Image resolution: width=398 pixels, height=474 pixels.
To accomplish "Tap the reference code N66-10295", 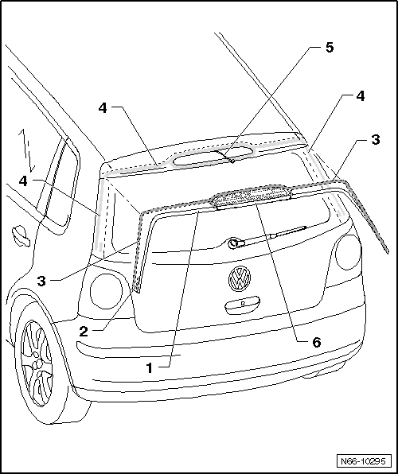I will [364, 460].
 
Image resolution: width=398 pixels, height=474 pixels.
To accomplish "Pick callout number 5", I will [329, 48].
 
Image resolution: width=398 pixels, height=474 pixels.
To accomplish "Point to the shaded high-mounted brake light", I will [250, 196].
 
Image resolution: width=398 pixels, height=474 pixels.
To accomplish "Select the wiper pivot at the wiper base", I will [233, 243].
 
